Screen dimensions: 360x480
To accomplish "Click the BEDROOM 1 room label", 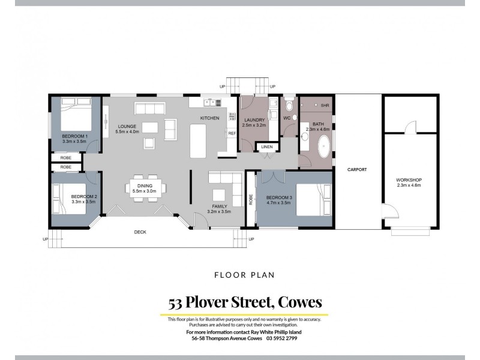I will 75,136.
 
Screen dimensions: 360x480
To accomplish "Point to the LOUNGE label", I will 126,126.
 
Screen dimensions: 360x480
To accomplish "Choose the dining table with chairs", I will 146,186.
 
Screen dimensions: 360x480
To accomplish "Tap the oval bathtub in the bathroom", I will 324,146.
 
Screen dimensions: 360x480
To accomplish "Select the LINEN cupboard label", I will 266,146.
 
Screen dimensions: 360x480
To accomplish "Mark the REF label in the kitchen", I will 232,133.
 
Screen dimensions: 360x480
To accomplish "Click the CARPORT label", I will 357,170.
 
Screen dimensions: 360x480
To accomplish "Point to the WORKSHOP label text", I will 410,180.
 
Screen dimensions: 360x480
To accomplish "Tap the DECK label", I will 139,232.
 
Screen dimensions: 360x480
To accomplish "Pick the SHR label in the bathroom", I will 325,106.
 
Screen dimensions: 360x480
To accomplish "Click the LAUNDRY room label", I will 253,120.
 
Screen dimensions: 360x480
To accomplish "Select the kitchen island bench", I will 198,140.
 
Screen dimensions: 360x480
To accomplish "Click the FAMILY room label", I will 219,206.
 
